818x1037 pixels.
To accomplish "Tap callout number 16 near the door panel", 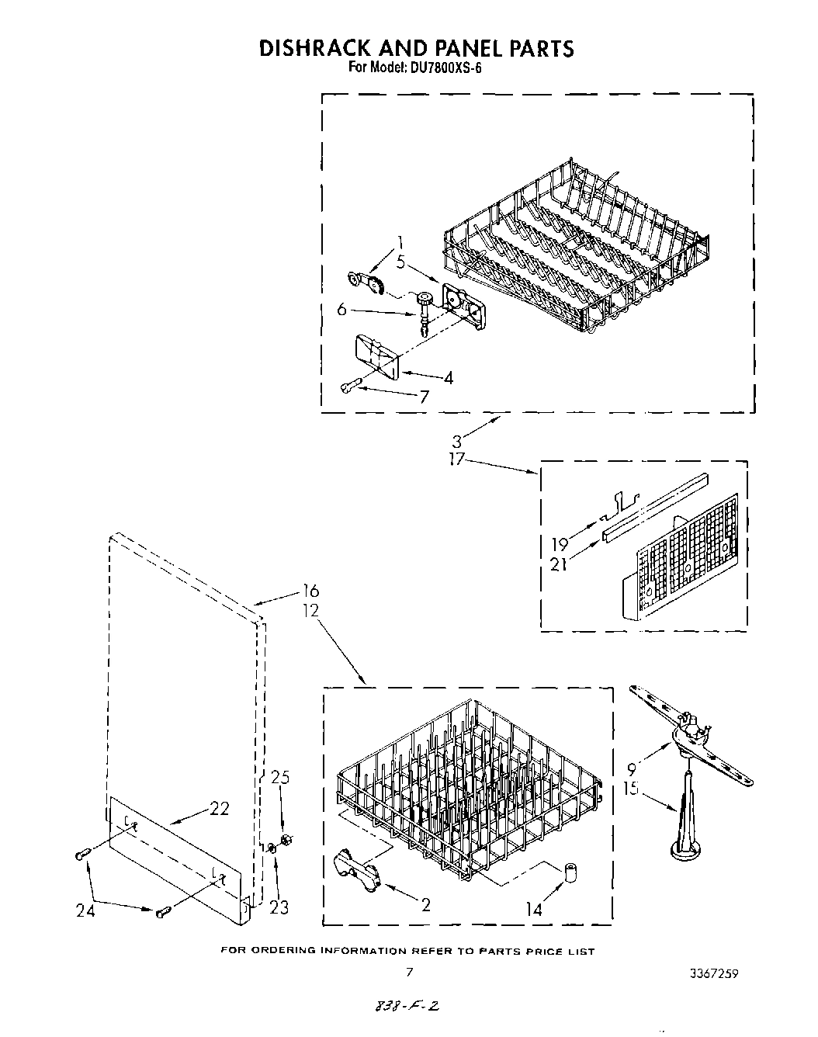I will pyautogui.click(x=309, y=592).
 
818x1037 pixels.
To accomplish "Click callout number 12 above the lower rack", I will pyautogui.click(x=310, y=611).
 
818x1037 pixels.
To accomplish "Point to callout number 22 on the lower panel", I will pyautogui.click(x=219, y=809).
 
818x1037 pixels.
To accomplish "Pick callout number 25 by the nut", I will pyautogui.click(x=280, y=779).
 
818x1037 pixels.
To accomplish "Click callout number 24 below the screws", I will pyautogui.click(x=85, y=911).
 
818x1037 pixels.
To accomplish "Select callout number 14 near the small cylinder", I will pyautogui.click(x=534, y=910).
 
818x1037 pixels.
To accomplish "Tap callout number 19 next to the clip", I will pyautogui.click(x=560, y=544).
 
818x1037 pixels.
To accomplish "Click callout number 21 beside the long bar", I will pyautogui.click(x=558, y=564).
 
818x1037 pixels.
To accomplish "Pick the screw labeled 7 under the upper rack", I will pyautogui.click(x=349, y=386).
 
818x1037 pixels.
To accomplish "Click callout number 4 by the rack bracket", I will pyautogui.click(x=448, y=379).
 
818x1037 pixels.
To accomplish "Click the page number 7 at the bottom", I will pyautogui.click(x=409, y=971).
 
